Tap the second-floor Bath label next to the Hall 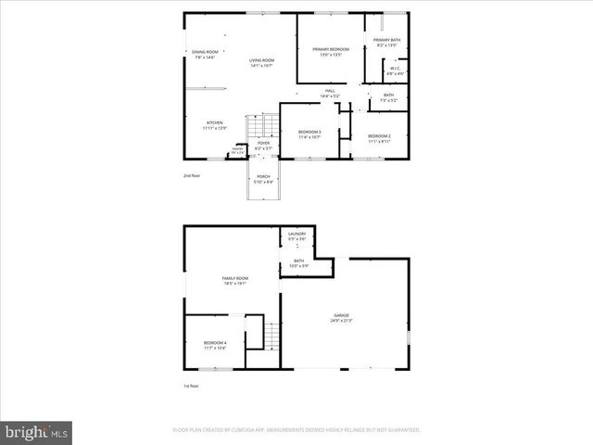388,96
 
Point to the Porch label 264,178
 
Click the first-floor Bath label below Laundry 299,263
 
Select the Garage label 342,318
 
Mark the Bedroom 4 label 214,345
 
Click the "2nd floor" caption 191,174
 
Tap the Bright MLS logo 37,431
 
